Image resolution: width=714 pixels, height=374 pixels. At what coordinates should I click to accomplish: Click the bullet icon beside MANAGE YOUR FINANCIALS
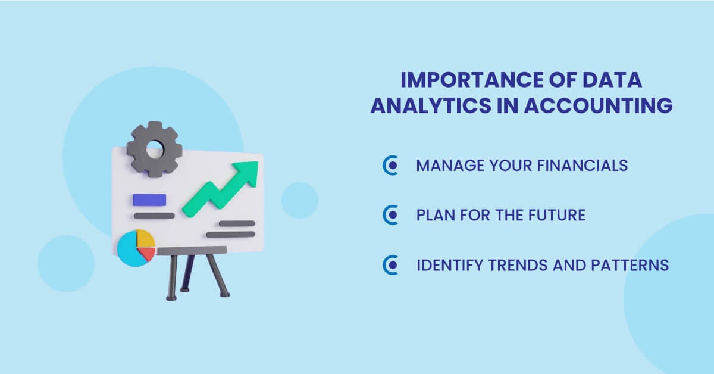click(x=390, y=166)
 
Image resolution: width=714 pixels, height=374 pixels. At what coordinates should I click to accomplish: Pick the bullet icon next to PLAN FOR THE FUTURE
click(x=390, y=215)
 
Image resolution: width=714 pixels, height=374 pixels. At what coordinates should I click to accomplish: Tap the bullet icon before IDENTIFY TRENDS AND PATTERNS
click(x=390, y=265)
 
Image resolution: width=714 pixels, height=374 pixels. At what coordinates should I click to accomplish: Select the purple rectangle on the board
click(x=149, y=200)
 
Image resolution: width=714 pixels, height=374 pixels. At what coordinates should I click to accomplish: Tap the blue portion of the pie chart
click(x=130, y=251)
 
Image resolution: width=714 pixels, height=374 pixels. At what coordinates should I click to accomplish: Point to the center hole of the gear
click(x=154, y=148)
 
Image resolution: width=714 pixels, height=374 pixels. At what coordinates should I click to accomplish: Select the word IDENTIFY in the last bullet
click(x=449, y=265)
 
